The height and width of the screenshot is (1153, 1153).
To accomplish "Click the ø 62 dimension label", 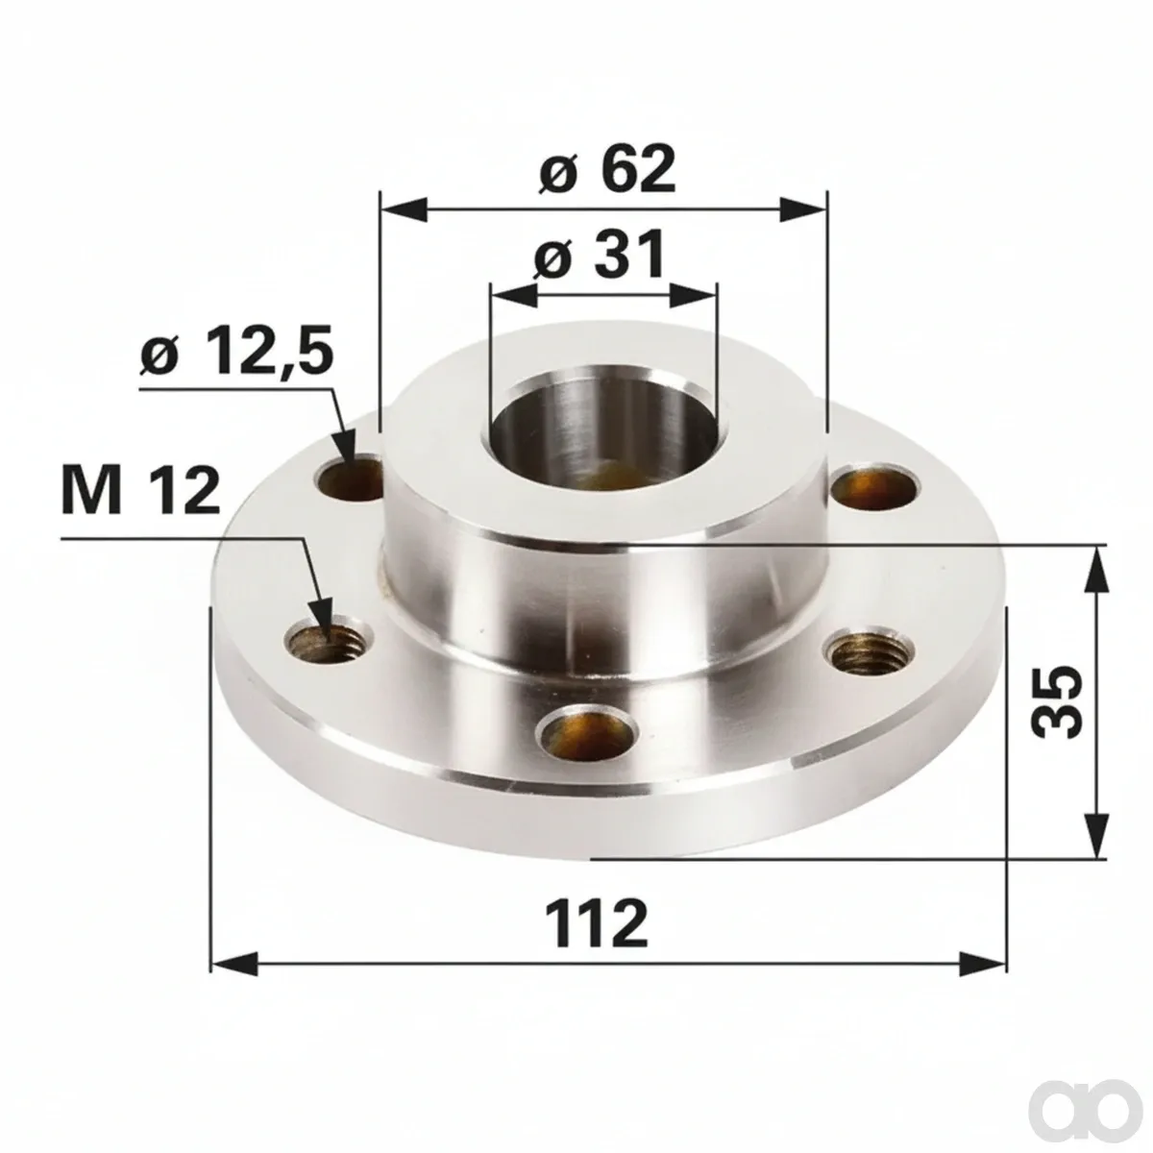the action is pos(606,168).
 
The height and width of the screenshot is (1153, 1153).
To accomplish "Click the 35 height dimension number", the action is pos(1057,700).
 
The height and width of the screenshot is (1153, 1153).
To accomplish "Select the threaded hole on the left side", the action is pos(327,644).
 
